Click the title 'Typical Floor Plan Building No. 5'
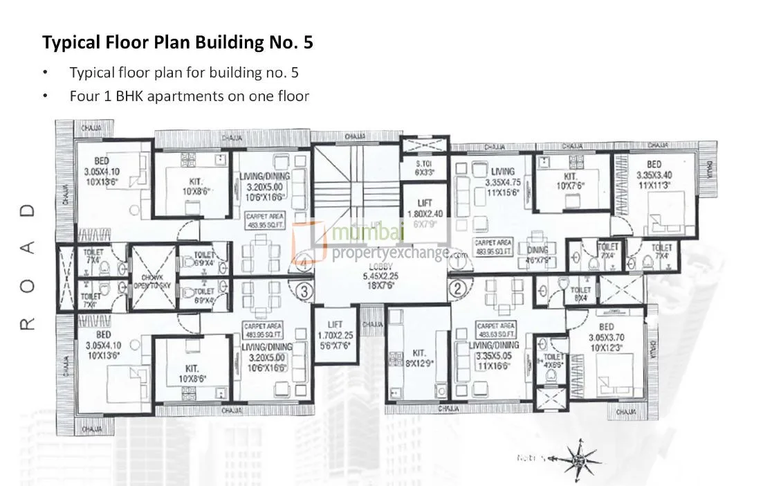pos(178,42)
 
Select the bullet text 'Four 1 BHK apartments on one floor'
pos(189,96)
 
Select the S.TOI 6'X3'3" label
pos(424,168)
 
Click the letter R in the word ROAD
pos(27,324)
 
